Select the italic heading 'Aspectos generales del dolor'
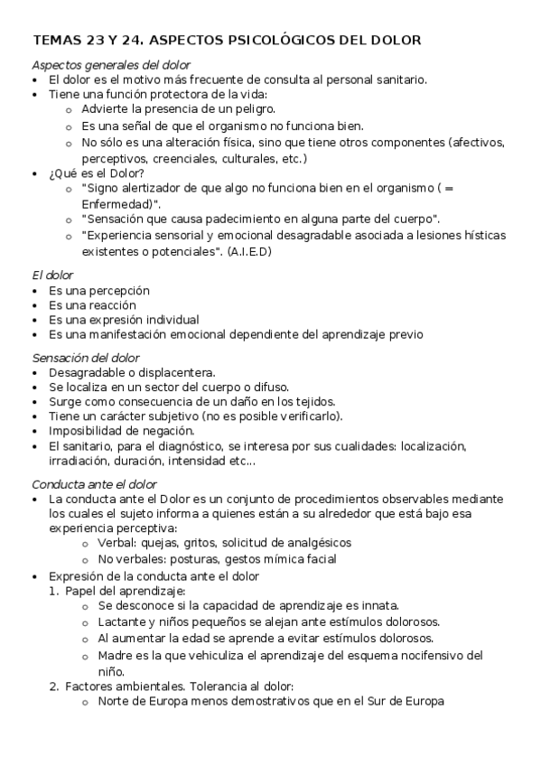(x=111, y=65)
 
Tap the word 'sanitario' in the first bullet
(x=397, y=79)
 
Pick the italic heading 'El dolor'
(x=52, y=274)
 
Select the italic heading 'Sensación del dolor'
(x=86, y=358)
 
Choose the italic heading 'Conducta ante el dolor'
(x=95, y=483)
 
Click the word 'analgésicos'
(x=315, y=543)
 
